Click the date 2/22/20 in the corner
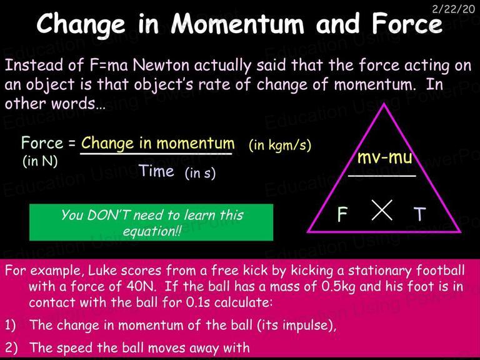pyautogui.click(x=454, y=9)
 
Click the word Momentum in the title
pyautogui.click(x=237, y=24)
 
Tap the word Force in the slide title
pyautogui.click(x=407, y=24)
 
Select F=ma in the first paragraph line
pyautogui.click(x=109, y=65)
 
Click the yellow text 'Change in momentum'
pyautogui.click(x=158, y=143)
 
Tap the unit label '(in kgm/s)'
pyautogui.click(x=280, y=145)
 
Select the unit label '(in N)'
pyautogui.click(x=40, y=161)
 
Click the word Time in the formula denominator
pyautogui.click(x=156, y=171)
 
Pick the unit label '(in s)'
pyautogui.click(x=200, y=173)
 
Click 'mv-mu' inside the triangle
pyautogui.click(x=384, y=158)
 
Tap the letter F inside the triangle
pyautogui.click(x=342, y=214)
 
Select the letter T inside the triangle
pyautogui.click(x=420, y=214)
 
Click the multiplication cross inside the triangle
pyautogui.click(x=382, y=210)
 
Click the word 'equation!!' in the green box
pyautogui.click(x=152, y=231)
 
